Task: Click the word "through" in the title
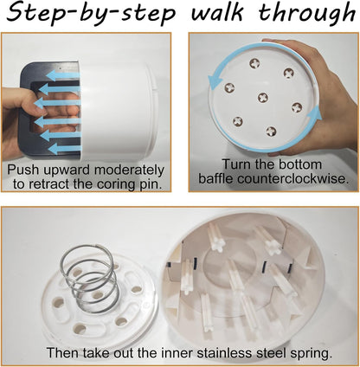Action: [306, 14]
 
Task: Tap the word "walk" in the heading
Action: [218, 12]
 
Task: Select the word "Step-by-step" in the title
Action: [91, 15]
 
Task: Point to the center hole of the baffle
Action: [263, 98]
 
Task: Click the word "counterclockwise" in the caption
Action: [292, 179]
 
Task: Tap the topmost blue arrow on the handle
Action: [63, 75]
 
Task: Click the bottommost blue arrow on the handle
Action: [65, 149]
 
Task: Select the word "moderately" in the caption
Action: [129, 171]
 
